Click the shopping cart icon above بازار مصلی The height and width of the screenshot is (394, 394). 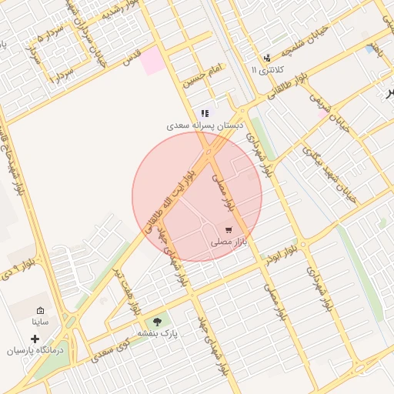[x=229, y=230]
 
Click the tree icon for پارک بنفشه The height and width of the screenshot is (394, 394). [x=158, y=322]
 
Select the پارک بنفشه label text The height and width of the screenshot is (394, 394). [x=158, y=333]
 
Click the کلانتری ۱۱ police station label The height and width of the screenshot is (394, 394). [x=267, y=70]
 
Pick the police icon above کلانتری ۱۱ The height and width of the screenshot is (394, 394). [x=267, y=58]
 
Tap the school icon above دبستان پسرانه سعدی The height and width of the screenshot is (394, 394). [x=205, y=113]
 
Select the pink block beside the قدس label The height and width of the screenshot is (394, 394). [x=153, y=61]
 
